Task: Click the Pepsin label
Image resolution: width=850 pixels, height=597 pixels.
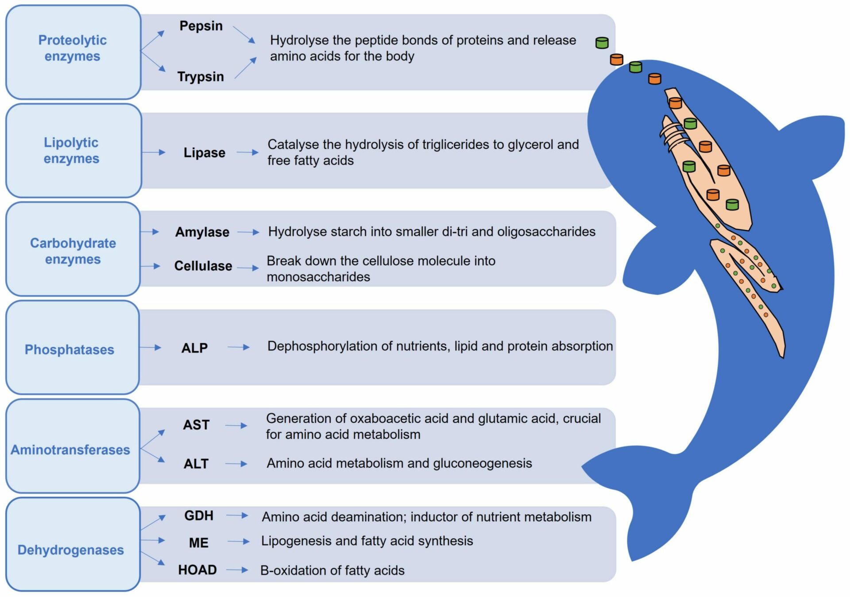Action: pos(201,26)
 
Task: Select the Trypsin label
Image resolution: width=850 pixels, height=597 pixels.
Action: pos(201,77)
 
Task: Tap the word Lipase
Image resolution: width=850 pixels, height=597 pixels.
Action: pos(204,153)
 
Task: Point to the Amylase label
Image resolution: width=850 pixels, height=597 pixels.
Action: pos(202,232)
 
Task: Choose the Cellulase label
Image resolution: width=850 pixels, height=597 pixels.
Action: pos(203,266)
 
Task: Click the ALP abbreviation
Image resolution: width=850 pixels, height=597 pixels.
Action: pos(194,348)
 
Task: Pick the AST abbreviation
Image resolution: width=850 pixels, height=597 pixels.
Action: pos(196,425)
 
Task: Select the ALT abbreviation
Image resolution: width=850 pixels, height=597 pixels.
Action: pos(196,464)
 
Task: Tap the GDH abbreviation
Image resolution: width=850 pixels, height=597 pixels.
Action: pos(199,516)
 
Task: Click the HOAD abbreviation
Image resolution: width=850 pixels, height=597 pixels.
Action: pos(197,570)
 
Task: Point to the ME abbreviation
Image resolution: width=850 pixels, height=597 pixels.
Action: pos(198,543)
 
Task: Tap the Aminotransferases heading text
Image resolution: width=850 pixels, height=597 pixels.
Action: pos(70,450)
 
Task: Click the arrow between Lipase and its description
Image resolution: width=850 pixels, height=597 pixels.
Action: pos(247,153)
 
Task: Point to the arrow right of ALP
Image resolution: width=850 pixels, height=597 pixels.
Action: pos(239,348)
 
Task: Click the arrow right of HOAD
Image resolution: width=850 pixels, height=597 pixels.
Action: pos(237,570)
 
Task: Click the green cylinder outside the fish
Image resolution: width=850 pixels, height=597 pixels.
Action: pos(602,43)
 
